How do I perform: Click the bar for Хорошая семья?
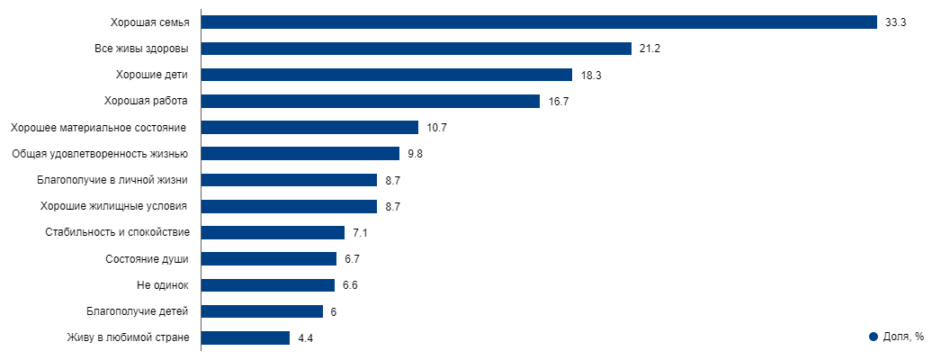pos(538,22)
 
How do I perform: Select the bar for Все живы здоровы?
pos(416,49)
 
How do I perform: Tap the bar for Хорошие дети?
pos(386,75)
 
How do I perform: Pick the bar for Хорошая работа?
pos(370,101)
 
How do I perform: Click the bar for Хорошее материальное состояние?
pos(309,128)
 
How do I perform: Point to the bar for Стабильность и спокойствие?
pos(273,233)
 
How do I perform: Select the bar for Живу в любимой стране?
pos(245,338)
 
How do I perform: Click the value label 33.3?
pos(894,22)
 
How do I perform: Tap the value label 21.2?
pos(650,49)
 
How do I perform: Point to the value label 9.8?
pos(415,154)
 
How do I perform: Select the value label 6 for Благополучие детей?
pos(334,312)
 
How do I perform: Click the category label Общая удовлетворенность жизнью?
pos(99,154)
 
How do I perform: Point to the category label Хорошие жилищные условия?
pos(114,206)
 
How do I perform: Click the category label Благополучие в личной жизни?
pos(112,180)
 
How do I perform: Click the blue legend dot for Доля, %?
pos(873,337)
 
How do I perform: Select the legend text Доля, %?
pos(903,337)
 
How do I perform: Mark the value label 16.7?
pos(558,101)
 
